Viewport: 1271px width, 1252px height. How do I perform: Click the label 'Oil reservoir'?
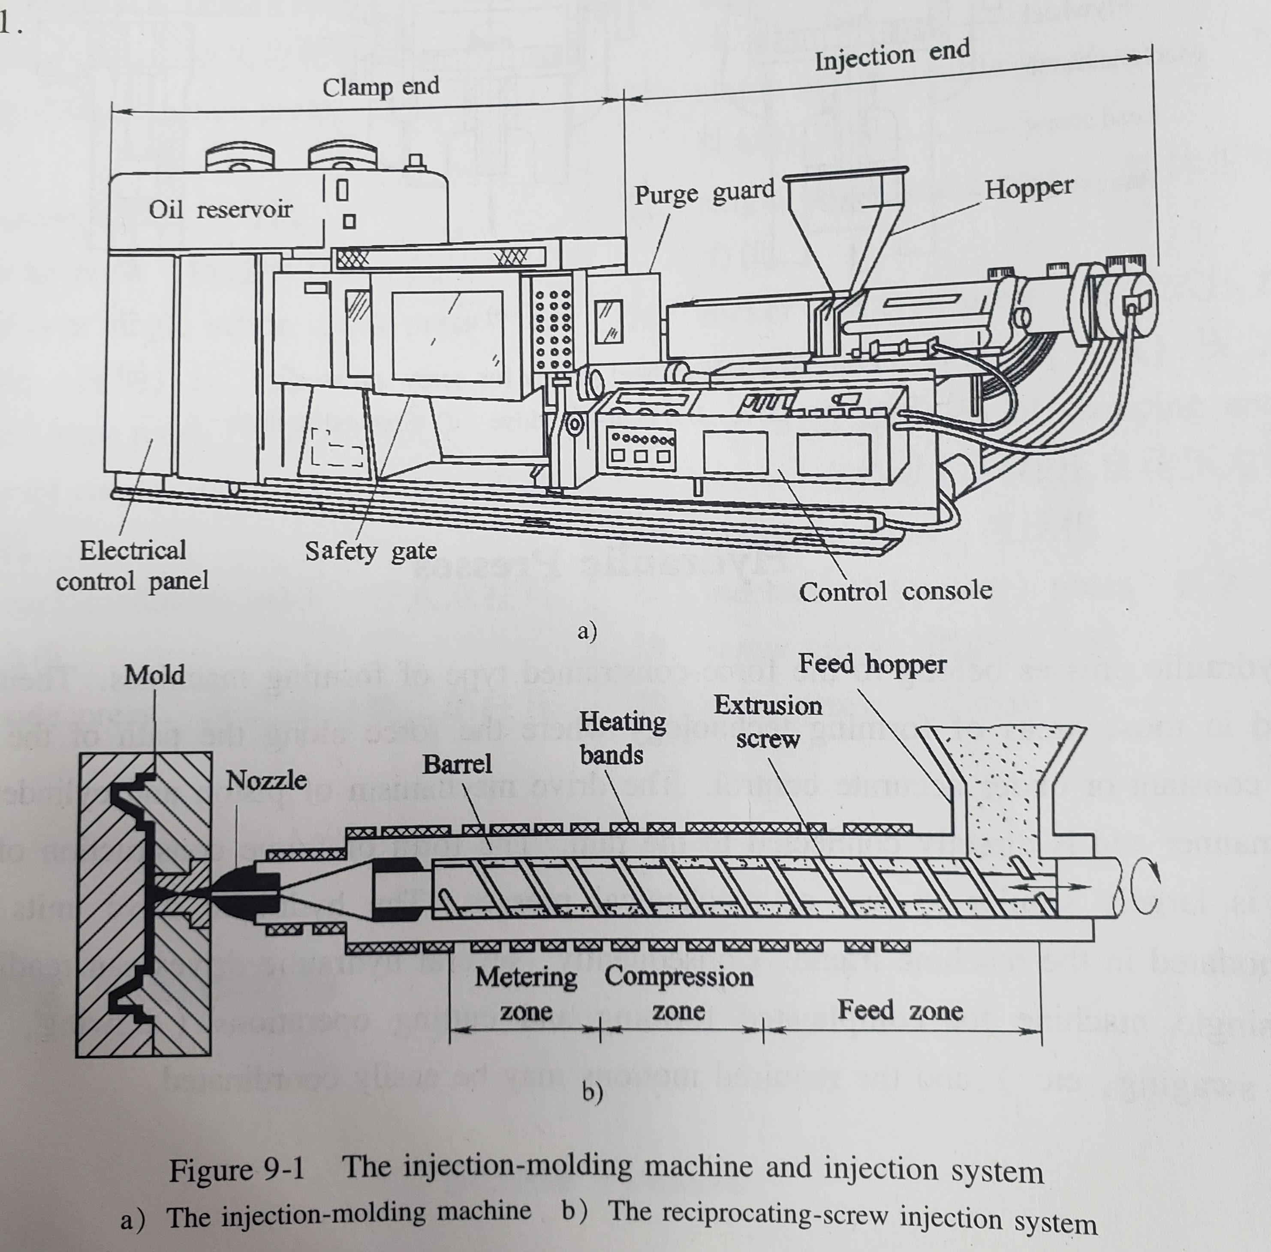220,210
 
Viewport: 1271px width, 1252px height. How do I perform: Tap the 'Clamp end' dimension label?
381,86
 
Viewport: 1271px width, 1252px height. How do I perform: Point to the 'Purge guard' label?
704,193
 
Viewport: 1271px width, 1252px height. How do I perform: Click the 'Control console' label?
895,591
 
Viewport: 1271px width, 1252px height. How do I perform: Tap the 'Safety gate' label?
370,551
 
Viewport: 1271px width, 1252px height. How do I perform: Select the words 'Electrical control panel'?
133,566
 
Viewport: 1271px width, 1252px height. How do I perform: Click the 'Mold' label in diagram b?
154,674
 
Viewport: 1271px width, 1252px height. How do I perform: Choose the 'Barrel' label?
457,764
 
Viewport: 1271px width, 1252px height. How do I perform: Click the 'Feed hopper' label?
872,664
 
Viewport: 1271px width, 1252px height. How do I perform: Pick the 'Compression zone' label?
678,993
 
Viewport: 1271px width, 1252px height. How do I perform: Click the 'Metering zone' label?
526,993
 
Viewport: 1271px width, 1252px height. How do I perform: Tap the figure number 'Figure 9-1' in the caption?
237,1170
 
